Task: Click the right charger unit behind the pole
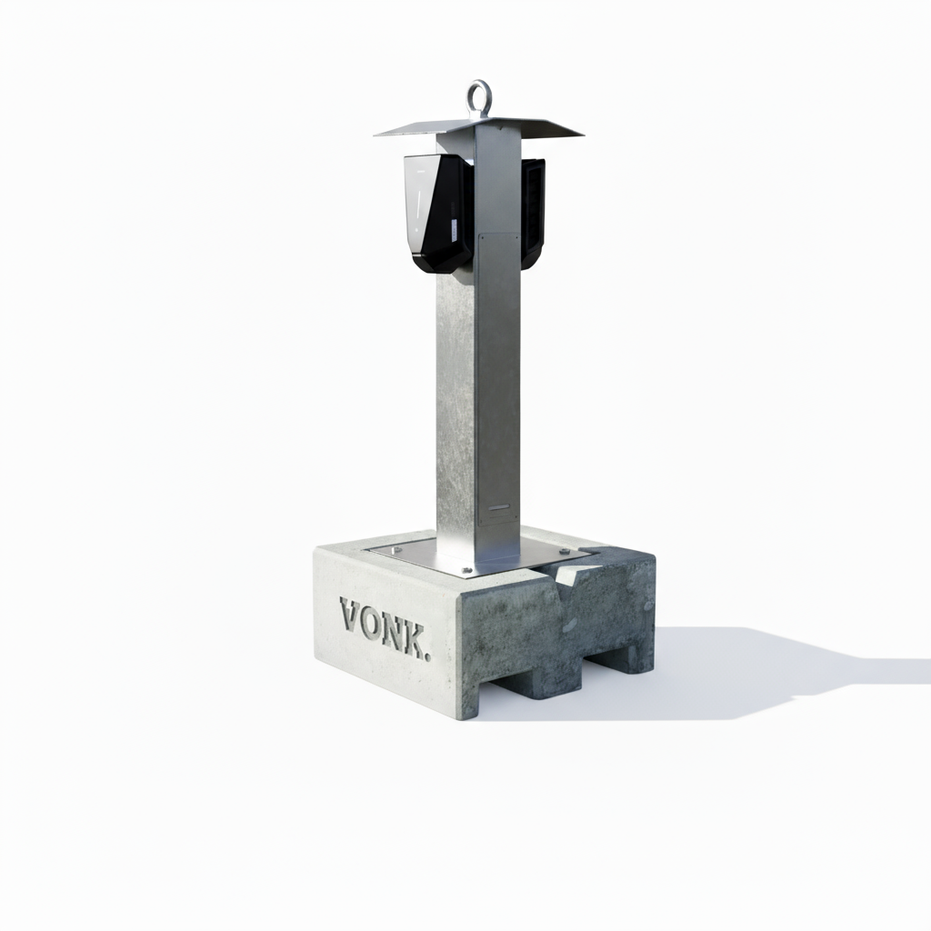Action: pos(533,211)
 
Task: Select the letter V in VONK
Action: pos(352,616)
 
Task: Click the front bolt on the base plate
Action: pos(466,571)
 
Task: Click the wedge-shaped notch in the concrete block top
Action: pos(572,575)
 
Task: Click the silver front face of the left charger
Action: pos(417,205)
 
